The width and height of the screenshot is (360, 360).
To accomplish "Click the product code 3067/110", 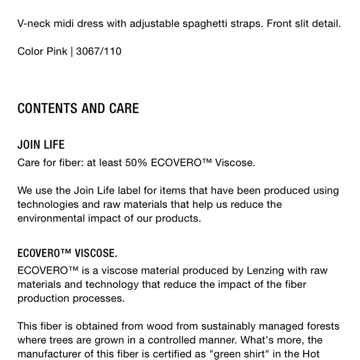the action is click(99, 51).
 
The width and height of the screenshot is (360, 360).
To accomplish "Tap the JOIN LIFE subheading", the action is click(41, 145).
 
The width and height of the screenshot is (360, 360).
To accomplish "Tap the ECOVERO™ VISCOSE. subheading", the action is click(67, 253).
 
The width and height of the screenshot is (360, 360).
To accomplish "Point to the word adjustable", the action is click(157, 24).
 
